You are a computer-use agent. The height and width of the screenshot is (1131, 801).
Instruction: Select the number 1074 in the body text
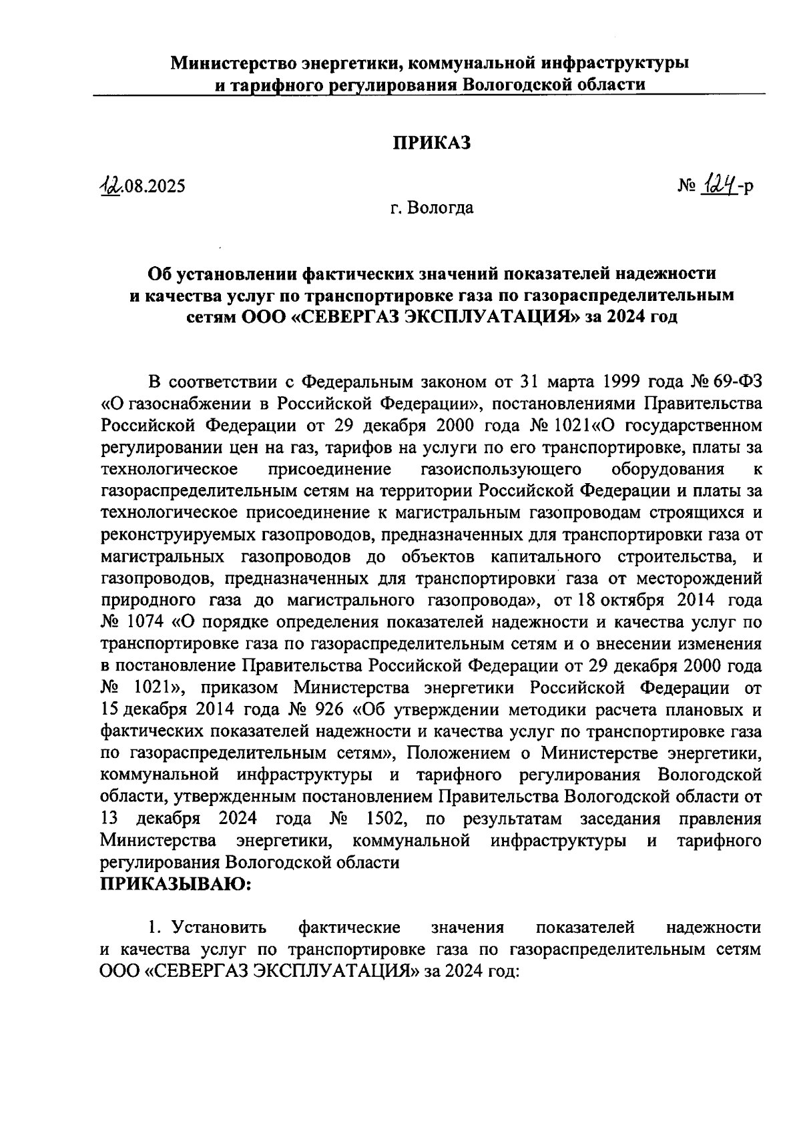tap(142, 623)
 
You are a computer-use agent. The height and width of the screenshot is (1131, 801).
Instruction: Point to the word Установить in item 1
tap(220, 927)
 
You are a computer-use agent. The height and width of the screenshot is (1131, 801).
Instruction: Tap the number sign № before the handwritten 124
tap(688, 186)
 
